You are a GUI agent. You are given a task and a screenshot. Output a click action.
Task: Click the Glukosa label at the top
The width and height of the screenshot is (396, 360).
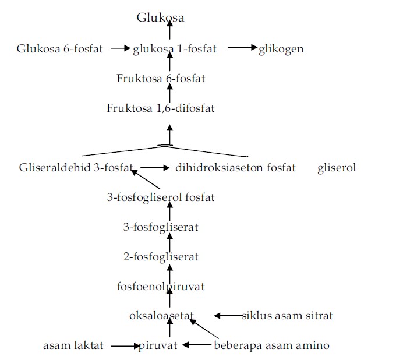coord(161,18)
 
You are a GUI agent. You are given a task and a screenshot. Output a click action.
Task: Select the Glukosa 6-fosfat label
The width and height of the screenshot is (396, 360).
coord(60,49)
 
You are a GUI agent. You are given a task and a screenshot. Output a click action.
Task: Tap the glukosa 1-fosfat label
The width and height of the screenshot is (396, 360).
coord(175,49)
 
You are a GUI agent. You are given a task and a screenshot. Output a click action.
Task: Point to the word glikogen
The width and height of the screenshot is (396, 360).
coord(281,49)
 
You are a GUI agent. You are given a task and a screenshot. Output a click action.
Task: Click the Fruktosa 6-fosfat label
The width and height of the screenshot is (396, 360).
coord(161,79)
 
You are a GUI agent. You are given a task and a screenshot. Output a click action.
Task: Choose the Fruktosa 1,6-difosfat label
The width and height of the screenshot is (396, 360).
coord(161,108)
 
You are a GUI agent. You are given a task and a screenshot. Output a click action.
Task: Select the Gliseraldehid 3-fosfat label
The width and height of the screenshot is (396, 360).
coord(75,168)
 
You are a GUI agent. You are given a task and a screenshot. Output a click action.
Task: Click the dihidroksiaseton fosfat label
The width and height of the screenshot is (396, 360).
coord(235,168)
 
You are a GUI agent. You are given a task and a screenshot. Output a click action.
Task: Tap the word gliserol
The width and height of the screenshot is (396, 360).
coord(337,168)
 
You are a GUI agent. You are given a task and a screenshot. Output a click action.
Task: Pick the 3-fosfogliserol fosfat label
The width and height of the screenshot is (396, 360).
coord(161,197)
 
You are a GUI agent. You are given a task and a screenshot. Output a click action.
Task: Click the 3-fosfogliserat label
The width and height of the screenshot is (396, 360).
coord(161,227)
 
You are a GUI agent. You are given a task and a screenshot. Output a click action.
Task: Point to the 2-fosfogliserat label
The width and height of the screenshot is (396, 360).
coord(161,257)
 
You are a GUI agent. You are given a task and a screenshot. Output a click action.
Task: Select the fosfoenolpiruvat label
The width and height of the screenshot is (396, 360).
coord(161,287)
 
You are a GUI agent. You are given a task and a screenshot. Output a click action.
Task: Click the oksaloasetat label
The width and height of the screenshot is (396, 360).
coord(161,316)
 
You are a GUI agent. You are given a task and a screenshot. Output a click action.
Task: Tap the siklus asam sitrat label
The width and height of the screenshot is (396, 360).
coord(287,316)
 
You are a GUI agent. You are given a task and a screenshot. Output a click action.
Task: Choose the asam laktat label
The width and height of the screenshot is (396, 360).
coord(73,346)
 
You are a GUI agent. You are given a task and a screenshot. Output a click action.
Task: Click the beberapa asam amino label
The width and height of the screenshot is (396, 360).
coord(271,346)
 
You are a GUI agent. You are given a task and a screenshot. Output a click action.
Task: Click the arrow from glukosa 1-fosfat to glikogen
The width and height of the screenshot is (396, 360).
coord(242,48)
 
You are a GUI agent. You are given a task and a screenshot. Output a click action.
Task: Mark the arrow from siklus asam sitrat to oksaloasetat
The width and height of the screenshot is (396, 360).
coord(228,316)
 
